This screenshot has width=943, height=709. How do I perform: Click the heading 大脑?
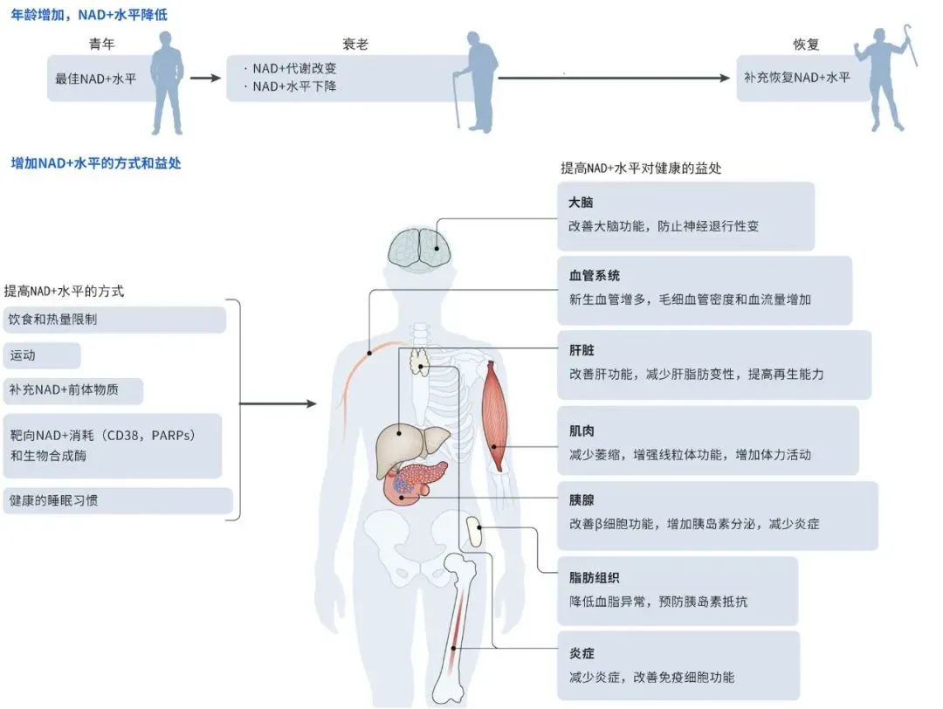click(x=581, y=203)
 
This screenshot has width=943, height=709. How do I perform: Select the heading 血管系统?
click(x=594, y=276)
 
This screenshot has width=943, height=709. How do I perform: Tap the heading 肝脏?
click(x=581, y=350)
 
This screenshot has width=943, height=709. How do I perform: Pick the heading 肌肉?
click(x=581, y=430)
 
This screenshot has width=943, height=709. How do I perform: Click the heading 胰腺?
click(x=581, y=501)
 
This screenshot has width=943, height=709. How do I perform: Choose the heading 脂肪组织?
click(x=594, y=577)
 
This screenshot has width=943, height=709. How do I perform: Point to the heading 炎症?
click(x=581, y=653)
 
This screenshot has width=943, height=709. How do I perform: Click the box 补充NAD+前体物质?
click(x=73, y=391)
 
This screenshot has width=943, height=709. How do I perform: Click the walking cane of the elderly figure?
click(x=456, y=100)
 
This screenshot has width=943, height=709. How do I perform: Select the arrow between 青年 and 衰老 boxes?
click(x=206, y=79)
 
